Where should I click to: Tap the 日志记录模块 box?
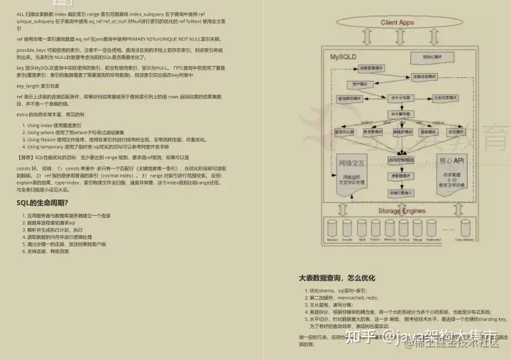tap(444, 97)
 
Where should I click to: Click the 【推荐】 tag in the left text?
tap(25, 156)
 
